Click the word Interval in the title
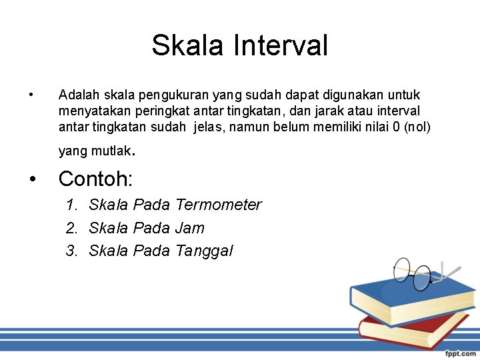coord(280,46)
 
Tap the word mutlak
coord(109,151)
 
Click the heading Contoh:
coord(96,179)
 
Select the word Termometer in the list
coord(219,205)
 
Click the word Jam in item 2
coord(190,228)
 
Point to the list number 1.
coord(71,205)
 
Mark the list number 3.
coord(71,251)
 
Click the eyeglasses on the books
coord(417,274)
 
